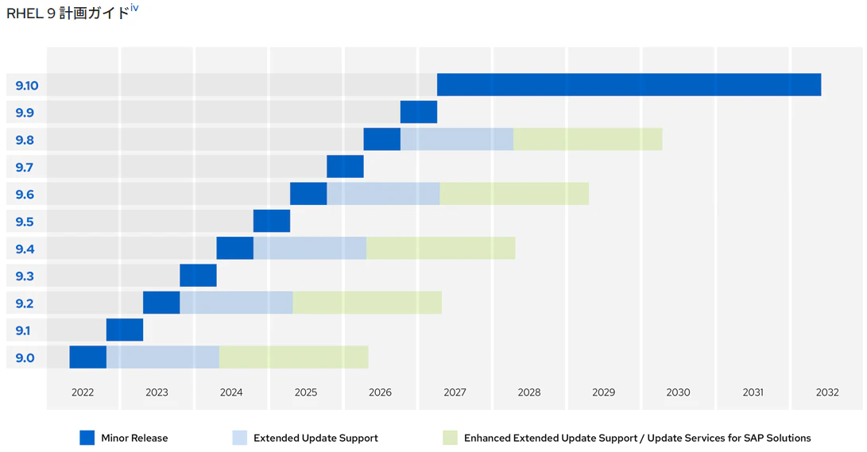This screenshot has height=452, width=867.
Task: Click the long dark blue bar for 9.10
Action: [629, 84]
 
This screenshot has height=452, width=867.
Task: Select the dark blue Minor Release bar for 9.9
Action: [419, 112]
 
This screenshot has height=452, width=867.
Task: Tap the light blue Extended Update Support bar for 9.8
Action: [457, 139]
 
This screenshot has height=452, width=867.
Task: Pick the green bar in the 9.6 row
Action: [514, 194]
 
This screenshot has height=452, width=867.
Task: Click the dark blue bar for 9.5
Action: [272, 221]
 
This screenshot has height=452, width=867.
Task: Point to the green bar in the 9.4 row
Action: [441, 248]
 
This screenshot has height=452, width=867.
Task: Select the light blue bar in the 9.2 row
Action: [236, 303]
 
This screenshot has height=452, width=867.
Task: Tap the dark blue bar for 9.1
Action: [125, 330]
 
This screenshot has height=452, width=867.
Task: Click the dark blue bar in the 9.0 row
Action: [88, 357]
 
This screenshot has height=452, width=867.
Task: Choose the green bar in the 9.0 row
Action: [293, 357]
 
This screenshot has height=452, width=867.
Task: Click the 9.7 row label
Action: [25, 167]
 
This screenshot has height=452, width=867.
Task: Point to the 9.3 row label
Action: [25, 276]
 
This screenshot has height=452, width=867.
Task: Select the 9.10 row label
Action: [26, 86]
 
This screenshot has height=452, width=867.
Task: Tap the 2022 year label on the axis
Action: [83, 392]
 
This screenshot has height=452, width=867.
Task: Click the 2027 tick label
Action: [455, 392]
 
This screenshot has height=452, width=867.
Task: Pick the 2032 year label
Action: [827, 392]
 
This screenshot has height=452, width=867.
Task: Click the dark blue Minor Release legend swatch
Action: [87, 438]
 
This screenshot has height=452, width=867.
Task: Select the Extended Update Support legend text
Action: [315, 438]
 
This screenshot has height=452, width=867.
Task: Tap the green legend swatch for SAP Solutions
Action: [450, 438]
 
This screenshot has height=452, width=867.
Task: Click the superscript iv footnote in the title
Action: [134, 8]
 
